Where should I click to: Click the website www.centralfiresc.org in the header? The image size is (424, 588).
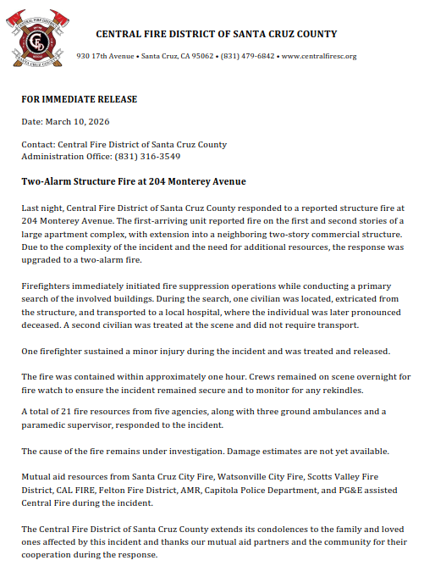tap(318, 56)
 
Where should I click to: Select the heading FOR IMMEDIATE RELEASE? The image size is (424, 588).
tap(79, 99)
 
